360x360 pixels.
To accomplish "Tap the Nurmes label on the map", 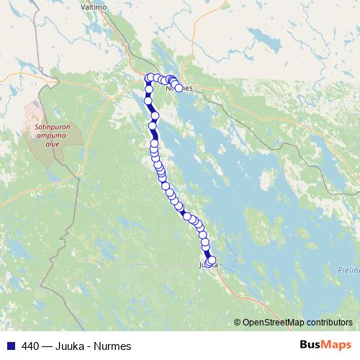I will pos(181,88).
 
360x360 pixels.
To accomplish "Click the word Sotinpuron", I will pos(50,125).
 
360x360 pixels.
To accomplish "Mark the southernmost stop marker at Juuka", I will pos(211,261).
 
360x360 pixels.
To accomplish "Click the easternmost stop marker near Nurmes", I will pos(179,89).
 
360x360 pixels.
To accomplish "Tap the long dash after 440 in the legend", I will pos(45,346).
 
